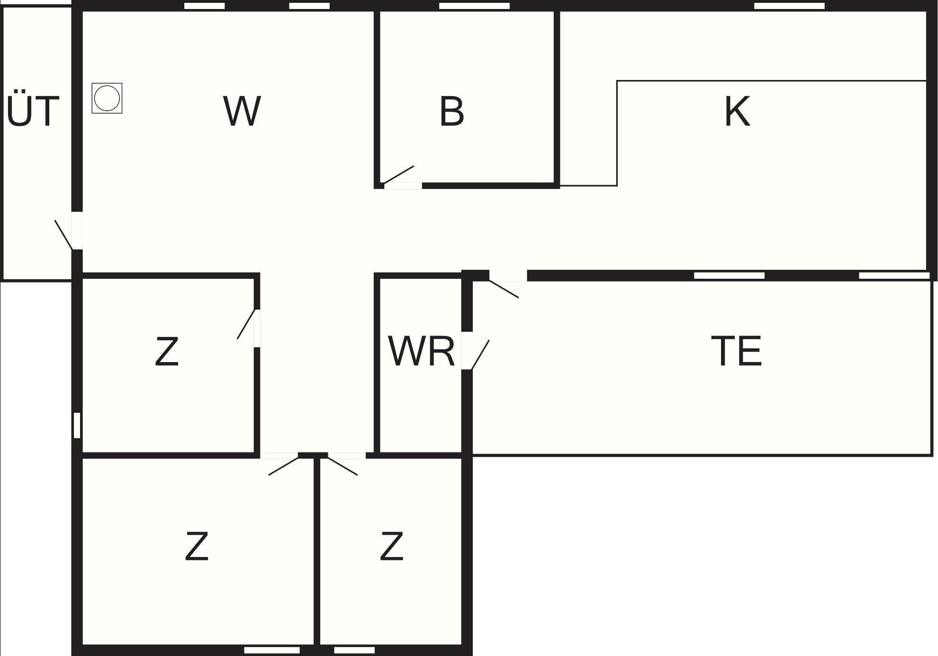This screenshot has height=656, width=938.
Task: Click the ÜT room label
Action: coord(33,111)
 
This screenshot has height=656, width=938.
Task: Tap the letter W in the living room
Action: coord(242,111)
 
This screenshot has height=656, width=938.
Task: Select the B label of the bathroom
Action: coord(451,112)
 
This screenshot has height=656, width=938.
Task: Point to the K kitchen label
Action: coord(737,112)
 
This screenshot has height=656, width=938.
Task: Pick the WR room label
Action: coord(421,351)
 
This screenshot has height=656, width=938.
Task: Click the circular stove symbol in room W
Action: coord(107,98)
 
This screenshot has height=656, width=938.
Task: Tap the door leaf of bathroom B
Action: coord(398,175)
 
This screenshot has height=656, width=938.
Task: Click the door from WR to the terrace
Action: coord(480,354)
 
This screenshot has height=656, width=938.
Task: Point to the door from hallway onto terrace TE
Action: coord(504,289)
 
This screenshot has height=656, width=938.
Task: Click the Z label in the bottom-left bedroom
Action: coord(197,547)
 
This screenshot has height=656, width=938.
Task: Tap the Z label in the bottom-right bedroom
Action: coord(391,547)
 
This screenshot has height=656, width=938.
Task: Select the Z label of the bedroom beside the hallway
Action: coord(167,351)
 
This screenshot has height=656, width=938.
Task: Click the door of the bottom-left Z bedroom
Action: coord(283,466)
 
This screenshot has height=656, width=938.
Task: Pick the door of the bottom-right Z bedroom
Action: coord(343,466)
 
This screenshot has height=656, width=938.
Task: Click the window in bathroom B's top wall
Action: coord(474,6)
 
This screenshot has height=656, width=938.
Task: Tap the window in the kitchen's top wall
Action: coord(789,6)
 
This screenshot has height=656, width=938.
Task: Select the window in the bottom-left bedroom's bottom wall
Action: coord(272,650)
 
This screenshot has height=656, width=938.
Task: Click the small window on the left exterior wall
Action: coord(77,425)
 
